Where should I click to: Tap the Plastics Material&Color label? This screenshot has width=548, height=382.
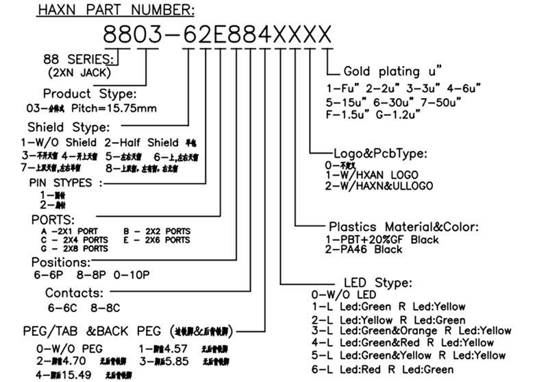point(403,228)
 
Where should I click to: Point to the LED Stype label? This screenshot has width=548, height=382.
point(377,283)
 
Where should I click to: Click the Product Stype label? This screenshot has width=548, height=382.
point(89,93)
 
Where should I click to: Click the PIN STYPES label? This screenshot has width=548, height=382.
point(66,183)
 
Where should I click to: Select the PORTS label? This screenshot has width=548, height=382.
point(53,219)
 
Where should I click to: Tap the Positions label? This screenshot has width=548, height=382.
point(61,262)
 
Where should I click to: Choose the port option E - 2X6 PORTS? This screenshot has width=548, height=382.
point(157,240)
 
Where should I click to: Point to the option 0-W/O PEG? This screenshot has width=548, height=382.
point(72,348)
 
